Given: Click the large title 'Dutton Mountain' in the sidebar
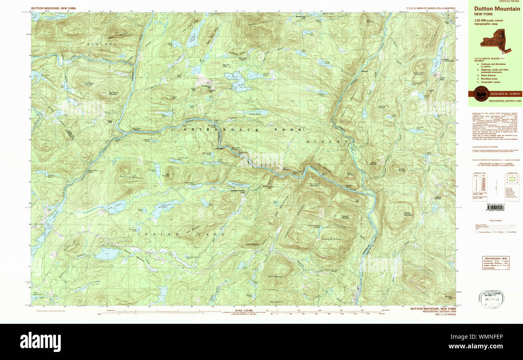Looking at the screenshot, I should (x=497, y=8).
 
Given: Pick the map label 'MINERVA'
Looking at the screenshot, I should (x=330, y=142).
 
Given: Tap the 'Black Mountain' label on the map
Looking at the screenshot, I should (x=332, y=239).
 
